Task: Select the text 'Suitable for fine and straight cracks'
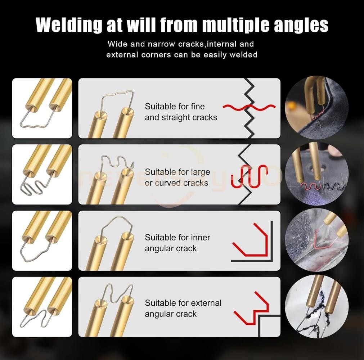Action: pos(181,112)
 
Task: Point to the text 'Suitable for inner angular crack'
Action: pos(177,243)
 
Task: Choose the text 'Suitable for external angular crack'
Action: pos(183,309)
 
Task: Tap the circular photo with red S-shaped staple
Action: pos(317,174)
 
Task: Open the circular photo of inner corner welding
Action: pos(317,240)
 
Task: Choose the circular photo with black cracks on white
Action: pos(317,306)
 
